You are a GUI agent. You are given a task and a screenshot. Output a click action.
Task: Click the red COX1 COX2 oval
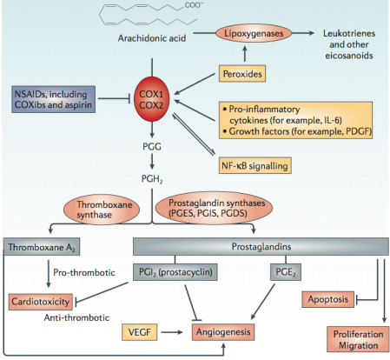pos(152,99)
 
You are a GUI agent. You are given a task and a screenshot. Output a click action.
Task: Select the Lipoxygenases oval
pos(254,33)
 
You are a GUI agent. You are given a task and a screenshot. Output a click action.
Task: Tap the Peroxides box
pos(242,74)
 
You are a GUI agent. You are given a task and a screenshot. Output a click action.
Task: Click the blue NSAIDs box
pos(54,99)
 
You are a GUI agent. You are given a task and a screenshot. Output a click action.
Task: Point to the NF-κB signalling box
pos(254,166)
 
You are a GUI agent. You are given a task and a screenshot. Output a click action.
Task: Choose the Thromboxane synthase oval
pos(102,210)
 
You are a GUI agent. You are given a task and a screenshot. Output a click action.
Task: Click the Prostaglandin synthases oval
pos(214,208)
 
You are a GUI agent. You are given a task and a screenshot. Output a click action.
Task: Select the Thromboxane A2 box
pos(42,247)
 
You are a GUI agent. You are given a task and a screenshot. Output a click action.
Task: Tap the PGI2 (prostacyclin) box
pos(175,272)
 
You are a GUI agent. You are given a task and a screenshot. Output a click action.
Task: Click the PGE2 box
pos(286,272)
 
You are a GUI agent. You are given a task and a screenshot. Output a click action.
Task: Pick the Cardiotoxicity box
pos(41,302)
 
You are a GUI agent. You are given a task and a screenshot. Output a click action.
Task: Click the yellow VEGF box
pos(140,332)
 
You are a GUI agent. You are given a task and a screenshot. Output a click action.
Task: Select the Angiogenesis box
pos(223,332)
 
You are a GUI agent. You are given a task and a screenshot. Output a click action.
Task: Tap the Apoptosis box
pos(327,299)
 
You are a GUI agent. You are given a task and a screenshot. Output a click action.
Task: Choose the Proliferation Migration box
pos(358,339)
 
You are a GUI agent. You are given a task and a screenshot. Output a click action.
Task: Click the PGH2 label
pos(152,179)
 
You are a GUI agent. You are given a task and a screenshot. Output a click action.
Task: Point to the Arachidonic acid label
pos(152,38)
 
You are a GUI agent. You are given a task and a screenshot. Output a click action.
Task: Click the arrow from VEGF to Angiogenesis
pos(172,332)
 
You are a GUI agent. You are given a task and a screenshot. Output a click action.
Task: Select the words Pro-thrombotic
pos(84,272)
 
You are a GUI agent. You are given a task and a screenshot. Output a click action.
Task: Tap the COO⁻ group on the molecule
pos(192,5)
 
